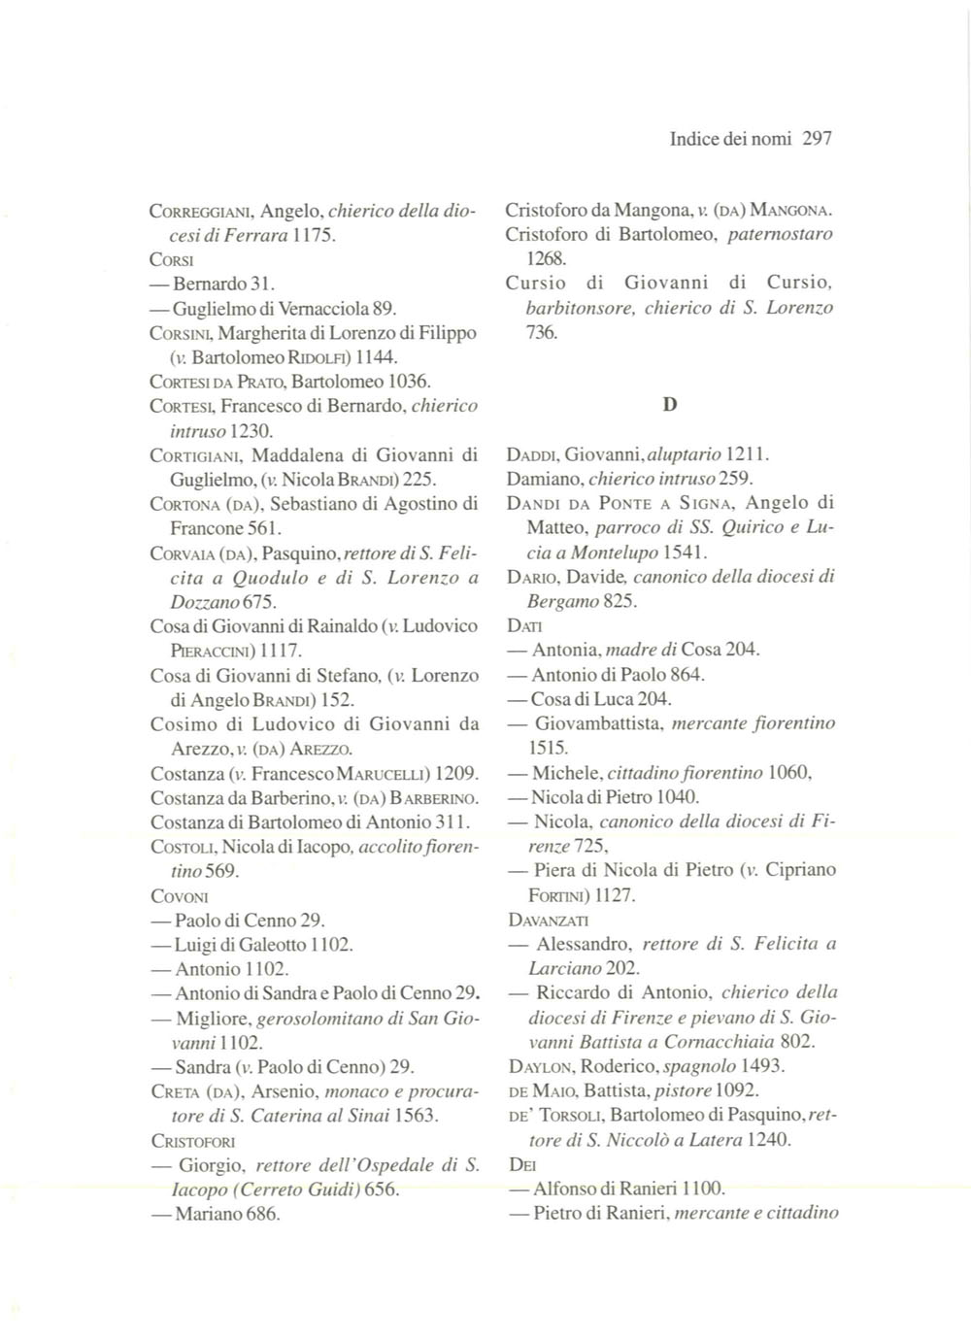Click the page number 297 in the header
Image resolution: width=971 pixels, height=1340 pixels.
[x=818, y=139]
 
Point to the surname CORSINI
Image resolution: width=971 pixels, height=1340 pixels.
[x=177, y=333]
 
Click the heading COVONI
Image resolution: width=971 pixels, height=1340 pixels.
[x=180, y=896]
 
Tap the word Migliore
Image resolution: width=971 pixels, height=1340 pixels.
[x=213, y=1019]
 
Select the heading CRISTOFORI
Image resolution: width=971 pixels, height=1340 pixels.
[x=193, y=1141]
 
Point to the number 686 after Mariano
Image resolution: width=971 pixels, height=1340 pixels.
[x=260, y=1214]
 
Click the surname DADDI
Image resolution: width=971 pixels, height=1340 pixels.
[x=530, y=454]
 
